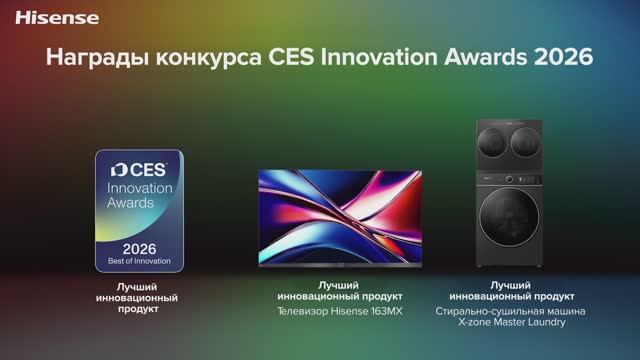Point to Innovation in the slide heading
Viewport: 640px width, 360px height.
point(378,58)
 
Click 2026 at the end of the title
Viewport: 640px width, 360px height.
point(562,58)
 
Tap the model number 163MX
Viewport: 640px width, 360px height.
point(387,310)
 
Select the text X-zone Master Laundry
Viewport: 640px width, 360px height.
point(512,322)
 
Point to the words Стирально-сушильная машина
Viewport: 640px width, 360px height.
point(512,310)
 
